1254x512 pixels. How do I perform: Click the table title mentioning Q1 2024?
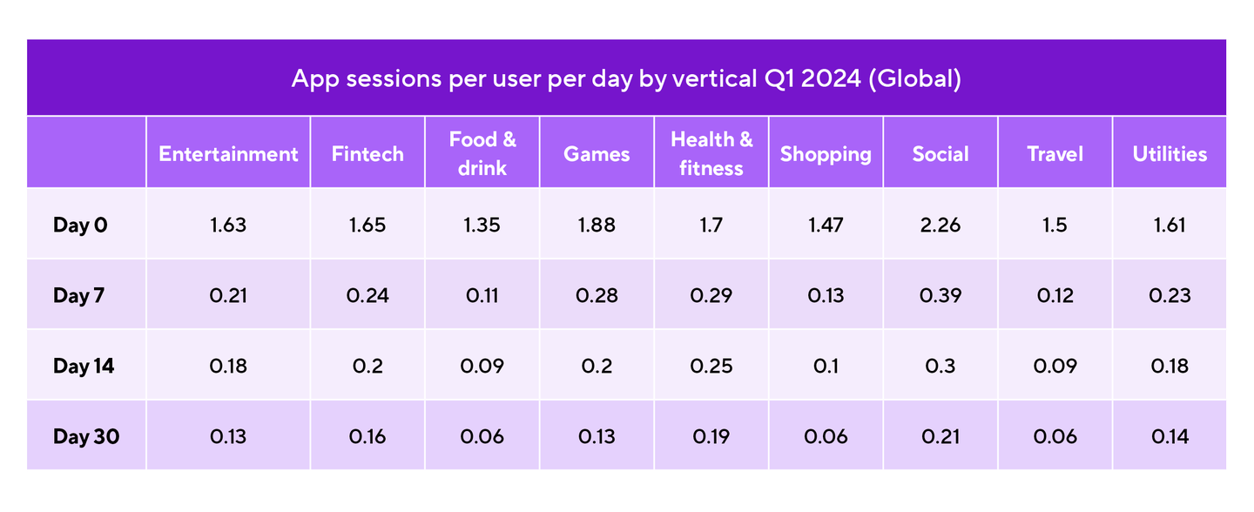point(626,79)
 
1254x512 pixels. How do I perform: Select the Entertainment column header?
point(228,154)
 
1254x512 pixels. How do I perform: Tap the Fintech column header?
point(367,154)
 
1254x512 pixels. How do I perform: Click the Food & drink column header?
point(482,153)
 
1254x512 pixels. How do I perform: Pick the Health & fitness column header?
point(711,153)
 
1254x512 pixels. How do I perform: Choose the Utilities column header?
point(1170,154)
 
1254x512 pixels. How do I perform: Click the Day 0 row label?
point(80,225)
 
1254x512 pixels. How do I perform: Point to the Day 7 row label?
point(78,295)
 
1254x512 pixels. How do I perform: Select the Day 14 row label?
point(84,366)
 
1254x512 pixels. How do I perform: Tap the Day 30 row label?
point(85,436)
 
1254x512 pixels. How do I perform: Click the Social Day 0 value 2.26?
point(940,225)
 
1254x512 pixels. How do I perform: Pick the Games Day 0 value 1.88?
point(597,225)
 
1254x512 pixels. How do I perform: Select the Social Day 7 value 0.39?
point(940,295)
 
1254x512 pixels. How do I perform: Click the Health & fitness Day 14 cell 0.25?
point(711,366)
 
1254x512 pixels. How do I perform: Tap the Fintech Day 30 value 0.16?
point(367,436)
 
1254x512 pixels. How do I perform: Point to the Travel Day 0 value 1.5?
point(1055,225)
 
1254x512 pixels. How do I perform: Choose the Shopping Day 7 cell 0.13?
point(826,295)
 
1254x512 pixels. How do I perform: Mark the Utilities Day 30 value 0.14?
point(1170,436)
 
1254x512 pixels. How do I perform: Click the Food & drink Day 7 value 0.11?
point(482,295)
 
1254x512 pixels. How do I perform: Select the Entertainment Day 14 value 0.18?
point(228,366)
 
